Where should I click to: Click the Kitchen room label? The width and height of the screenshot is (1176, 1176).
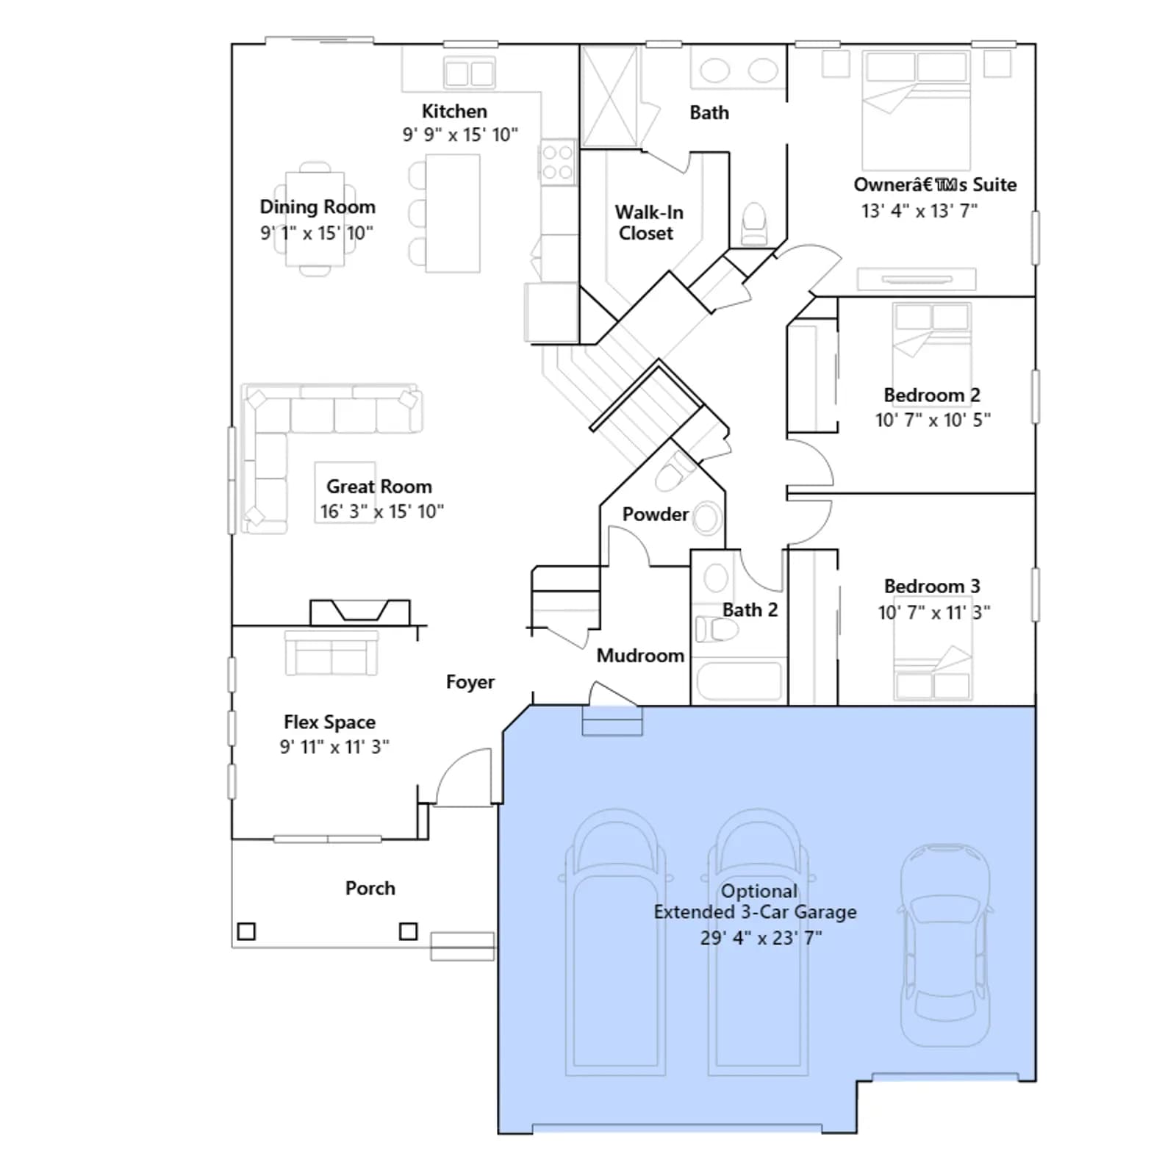pyautogui.click(x=454, y=111)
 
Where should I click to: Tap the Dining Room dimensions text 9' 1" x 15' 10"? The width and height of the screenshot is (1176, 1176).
pyautogui.click(x=317, y=233)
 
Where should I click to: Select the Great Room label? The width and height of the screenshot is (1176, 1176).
pyautogui.click(x=379, y=487)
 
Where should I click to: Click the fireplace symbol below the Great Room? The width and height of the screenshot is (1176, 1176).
pyautogui.click(x=360, y=612)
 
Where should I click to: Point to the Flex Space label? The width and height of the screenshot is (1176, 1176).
pyautogui.click(x=329, y=723)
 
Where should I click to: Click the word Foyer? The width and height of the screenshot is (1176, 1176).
pyautogui.click(x=470, y=683)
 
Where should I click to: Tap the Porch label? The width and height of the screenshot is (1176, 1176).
pyautogui.click(x=370, y=888)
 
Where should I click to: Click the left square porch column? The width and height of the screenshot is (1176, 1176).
pyautogui.click(x=247, y=931)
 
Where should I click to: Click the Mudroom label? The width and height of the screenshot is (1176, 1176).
pyautogui.click(x=640, y=656)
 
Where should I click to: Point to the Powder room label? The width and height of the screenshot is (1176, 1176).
pyautogui.click(x=656, y=514)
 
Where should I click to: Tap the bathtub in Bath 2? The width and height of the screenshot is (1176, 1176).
pyautogui.click(x=739, y=681)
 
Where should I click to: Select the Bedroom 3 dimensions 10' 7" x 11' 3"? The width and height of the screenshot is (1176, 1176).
pyautogui.click(x=933, y=612)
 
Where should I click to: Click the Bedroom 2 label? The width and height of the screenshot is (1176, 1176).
pyautogui.click(x=932, y=395)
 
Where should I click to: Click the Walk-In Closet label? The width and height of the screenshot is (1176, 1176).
pyautogui.click(x=648, y=223)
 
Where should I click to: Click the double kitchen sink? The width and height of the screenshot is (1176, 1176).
pyautogui.click(x=469, y=73)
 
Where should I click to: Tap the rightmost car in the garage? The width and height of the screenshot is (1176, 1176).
pyautogui.click(x=944, y=945)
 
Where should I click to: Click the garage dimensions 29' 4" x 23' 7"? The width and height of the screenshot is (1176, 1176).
pyautogui.click(x=761, y=938)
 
